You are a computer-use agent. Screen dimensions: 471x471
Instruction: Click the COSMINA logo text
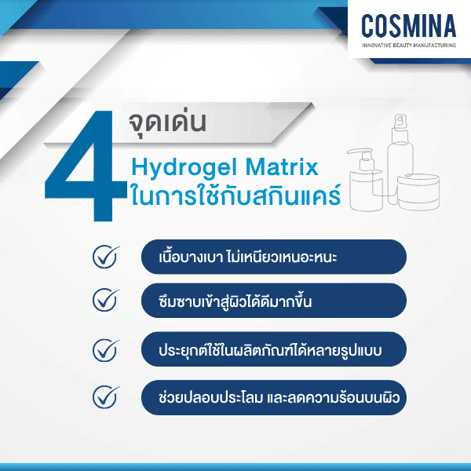point(408,26)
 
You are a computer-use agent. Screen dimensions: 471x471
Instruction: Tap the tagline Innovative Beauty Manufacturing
point(408,46)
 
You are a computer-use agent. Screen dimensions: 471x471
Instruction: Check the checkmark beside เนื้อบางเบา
point(104,257)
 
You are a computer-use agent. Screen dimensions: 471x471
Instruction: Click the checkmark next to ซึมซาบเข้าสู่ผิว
point(104,300)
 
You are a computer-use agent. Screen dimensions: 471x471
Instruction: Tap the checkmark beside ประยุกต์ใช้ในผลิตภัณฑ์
point(104,349)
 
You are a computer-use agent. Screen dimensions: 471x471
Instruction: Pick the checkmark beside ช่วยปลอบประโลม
point(104,396)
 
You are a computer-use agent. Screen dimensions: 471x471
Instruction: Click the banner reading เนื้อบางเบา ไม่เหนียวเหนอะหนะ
point(273,257)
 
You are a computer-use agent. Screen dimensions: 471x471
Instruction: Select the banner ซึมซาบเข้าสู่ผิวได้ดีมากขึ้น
point(273,300)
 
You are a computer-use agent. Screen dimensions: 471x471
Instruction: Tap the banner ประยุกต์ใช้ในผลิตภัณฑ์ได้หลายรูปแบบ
point(273,349)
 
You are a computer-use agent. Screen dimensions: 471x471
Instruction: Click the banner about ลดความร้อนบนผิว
point(273,396)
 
